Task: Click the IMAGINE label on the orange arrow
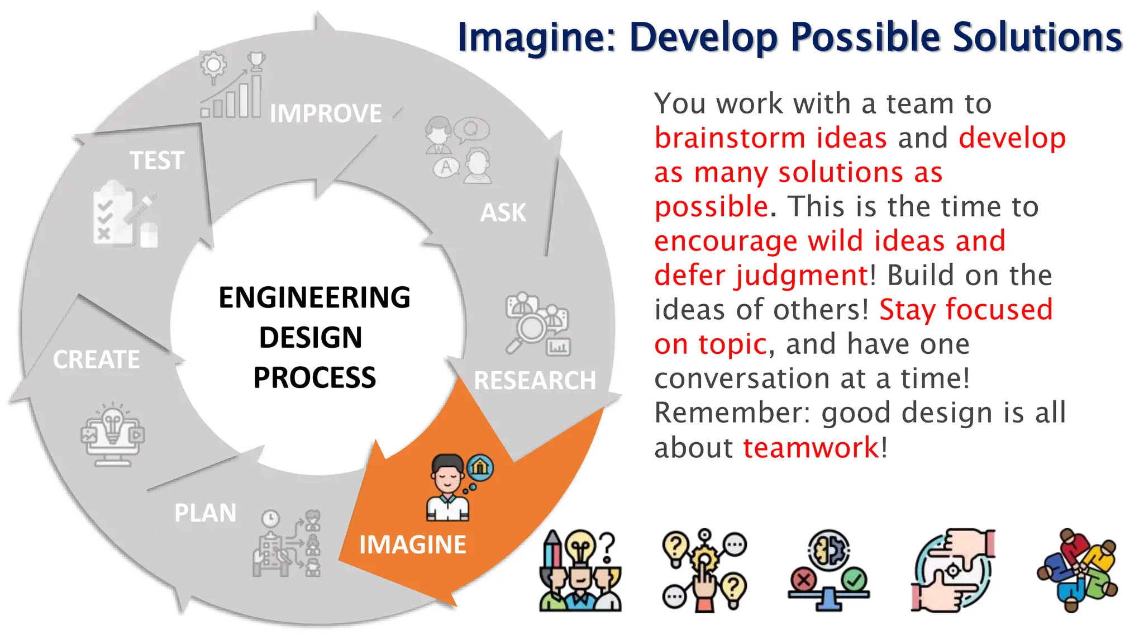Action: click(x=412, y=544)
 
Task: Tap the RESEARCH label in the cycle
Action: click(x=535, y=381)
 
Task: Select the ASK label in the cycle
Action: click(x=503, y=212)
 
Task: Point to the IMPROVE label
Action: click(x=326, y=113)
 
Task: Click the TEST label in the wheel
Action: click(x=157, y=160)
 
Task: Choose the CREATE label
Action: click(x=96, y=359)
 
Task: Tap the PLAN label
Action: click(x=205, y=513)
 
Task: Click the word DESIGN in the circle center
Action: click(x=311, y=337)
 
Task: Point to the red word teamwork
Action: click(x=811, y=448)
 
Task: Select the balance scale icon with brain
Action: click(x=829, y=570)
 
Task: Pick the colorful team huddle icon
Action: click(x=1077, y=570)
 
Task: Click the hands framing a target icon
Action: click(x=953, y=570)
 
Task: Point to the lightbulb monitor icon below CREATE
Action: click(x=113, y=434)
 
